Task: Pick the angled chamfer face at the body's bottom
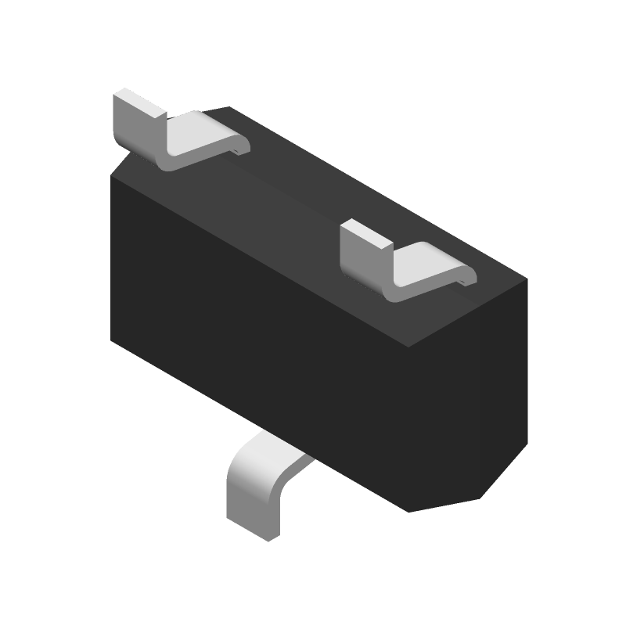[x=446, y=501]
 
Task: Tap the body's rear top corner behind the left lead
[x=228, y=107]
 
